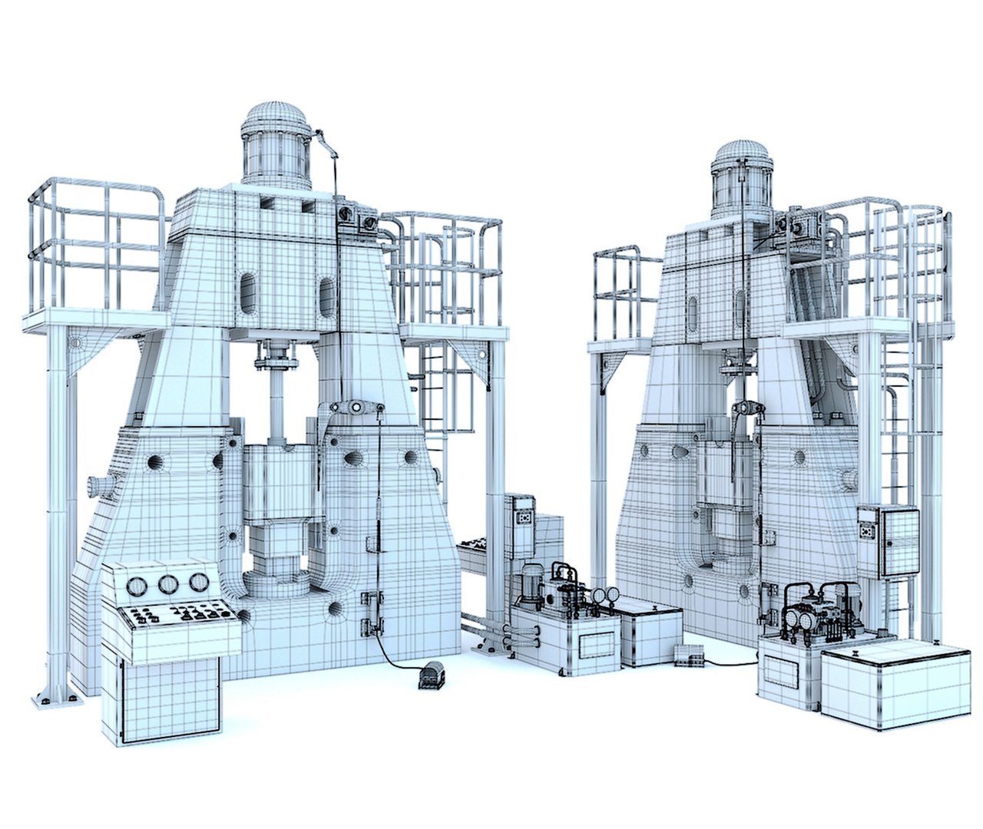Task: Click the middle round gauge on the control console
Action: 168,584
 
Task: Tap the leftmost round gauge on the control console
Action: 136,587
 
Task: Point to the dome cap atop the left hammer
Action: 276,121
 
